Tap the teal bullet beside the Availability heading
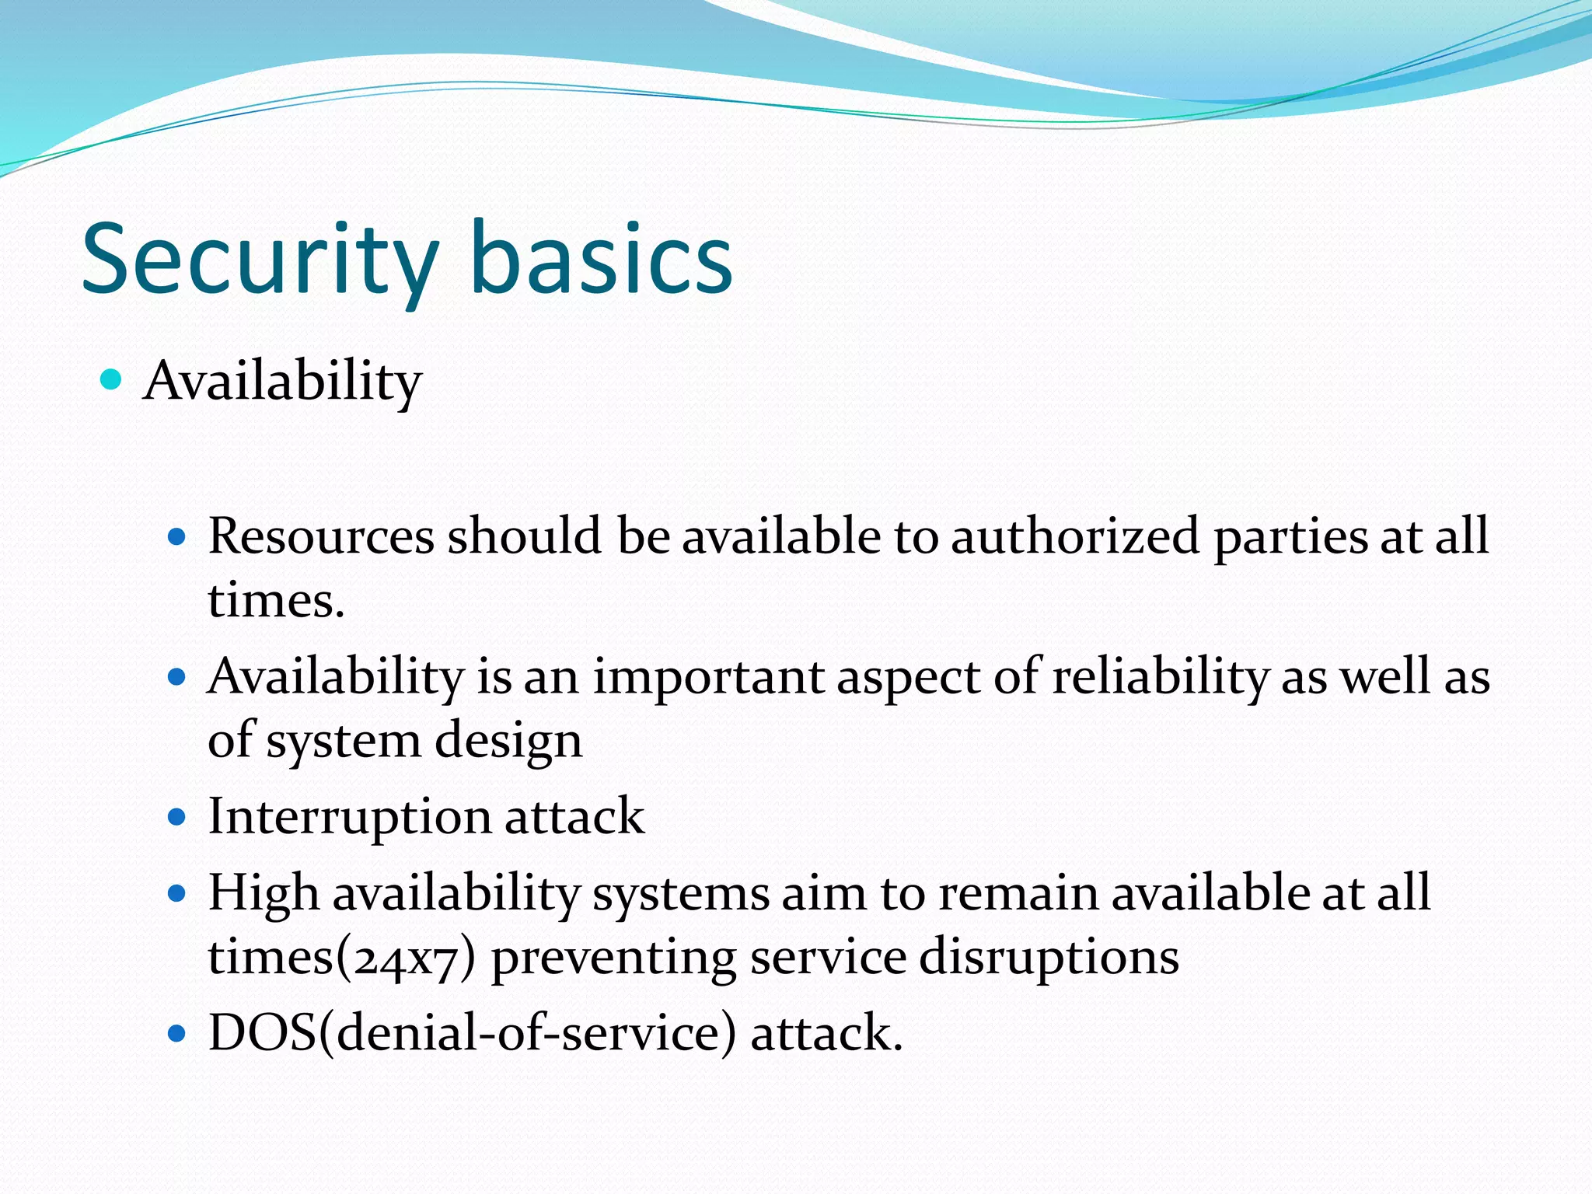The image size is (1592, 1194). click(x=112, y=379)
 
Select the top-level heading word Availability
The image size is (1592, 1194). click(x=283, y=382)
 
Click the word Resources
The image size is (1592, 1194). click(x=321, y=536)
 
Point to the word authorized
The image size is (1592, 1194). click(x=1075, y=536)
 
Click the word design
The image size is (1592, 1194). click(x=508, y=740)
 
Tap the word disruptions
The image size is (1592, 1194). click(x=1049, y=958)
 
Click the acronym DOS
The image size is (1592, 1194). click(x=262, y=1034)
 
